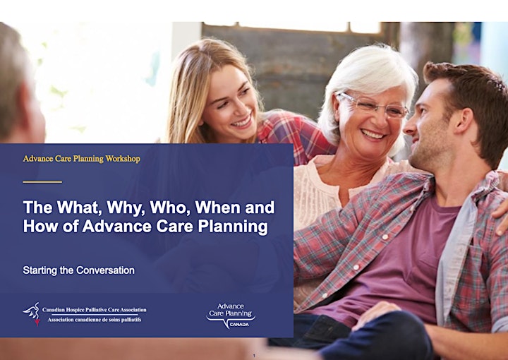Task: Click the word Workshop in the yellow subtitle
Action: coord(123,159)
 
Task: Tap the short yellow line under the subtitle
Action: coord(42,182)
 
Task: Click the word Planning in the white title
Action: coord(233,227)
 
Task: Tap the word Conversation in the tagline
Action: coord(105,270)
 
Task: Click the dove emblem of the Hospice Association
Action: coord(32,314)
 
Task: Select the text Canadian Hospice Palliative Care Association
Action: coord(95,310)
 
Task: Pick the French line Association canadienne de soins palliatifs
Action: coord(95,320)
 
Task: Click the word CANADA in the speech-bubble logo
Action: coord(239,325)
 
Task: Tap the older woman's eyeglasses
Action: coord(373,105)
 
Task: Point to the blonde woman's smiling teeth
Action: coord(242,122)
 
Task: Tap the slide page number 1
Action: coord(254,356)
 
